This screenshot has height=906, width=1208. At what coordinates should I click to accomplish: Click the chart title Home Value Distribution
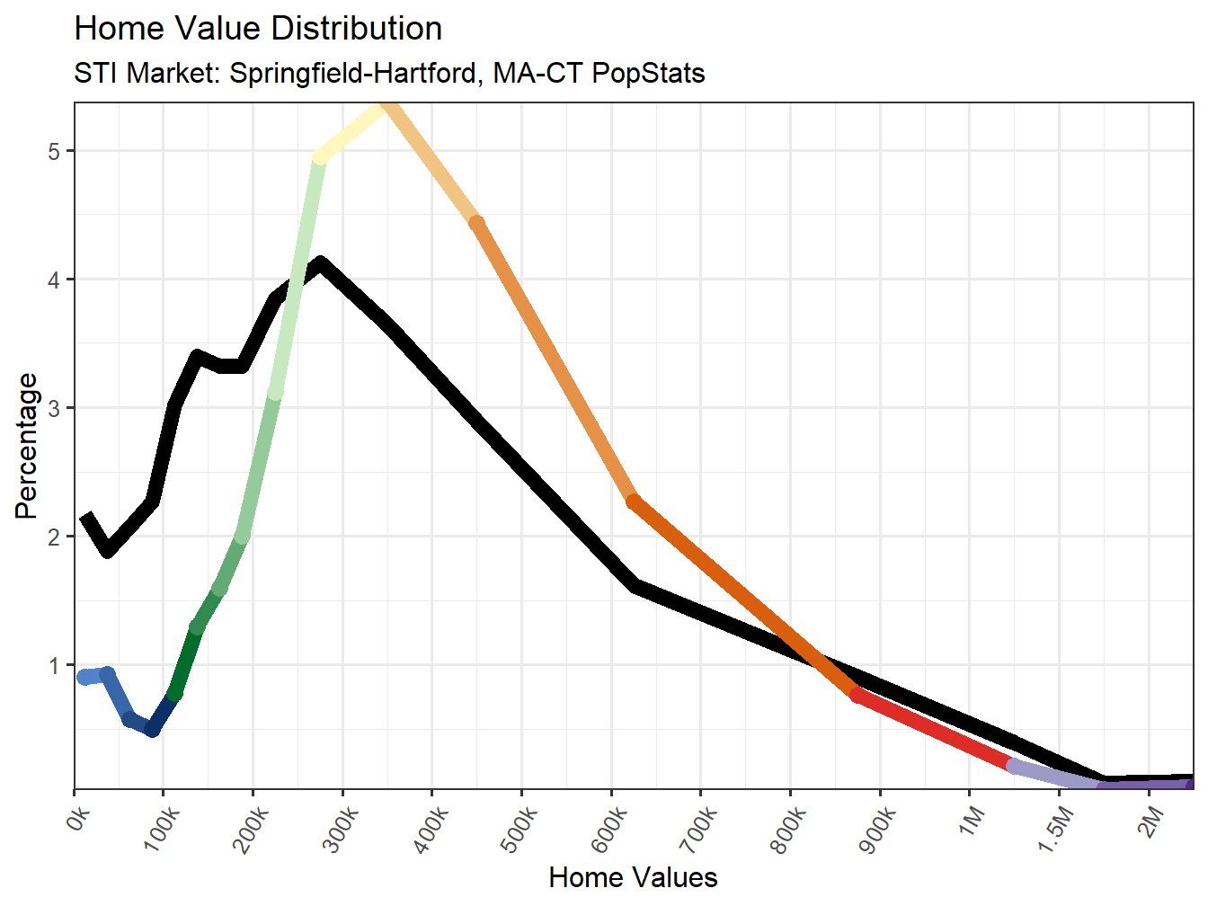(258, 29)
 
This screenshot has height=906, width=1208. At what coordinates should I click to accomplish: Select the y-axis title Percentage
(27, 446)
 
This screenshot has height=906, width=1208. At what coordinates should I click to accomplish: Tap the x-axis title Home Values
(633, 877)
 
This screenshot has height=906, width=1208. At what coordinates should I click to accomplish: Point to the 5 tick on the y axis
(55, 151)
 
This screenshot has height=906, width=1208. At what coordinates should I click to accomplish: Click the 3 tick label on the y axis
(55, 408)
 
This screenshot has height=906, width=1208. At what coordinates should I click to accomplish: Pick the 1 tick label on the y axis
(55, 665)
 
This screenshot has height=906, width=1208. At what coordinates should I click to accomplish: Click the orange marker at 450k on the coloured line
(477, 223)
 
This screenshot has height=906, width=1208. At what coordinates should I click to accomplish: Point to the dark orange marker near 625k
(634, 502)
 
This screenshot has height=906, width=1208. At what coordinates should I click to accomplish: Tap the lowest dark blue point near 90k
(153, 729)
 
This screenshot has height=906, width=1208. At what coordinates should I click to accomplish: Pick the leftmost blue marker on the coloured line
(85, 677)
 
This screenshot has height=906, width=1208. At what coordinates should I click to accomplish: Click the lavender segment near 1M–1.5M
(1052, 774)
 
